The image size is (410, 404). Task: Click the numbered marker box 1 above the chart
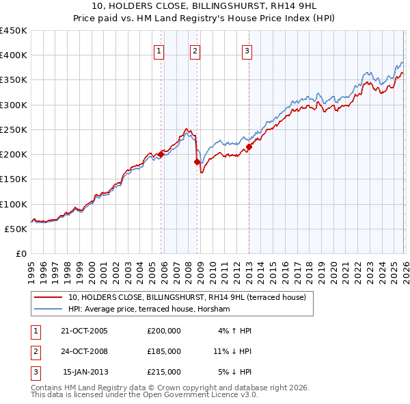coord(159,50)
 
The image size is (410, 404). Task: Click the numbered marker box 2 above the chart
coord(195,50)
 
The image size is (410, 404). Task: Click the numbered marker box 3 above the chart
coord(246,50)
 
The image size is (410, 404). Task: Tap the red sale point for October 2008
coord(197,162)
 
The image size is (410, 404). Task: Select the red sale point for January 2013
coord(249,147)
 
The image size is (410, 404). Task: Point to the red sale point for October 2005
coord(161,154)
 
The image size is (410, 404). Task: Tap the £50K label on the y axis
coord(16,229)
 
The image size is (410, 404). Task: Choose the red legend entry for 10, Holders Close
coord(191,297)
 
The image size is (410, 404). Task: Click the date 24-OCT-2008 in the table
coord(84,351)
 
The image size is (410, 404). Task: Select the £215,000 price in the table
coord(163,372)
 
